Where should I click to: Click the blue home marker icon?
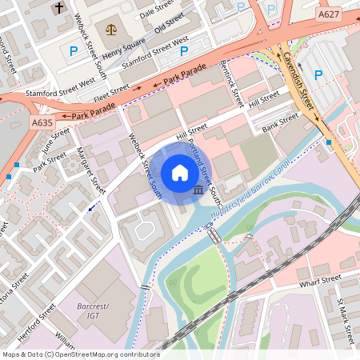coord(180,173)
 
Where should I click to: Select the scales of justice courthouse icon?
coord(110,29)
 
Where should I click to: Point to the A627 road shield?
coord(328,14)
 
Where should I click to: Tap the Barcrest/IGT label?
coord(94,311)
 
